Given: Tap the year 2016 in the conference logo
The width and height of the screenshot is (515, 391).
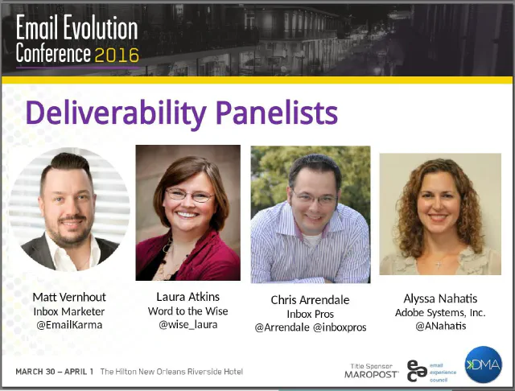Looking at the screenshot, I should point(117,55).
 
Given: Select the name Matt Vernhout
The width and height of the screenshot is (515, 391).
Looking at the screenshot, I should point(69,297).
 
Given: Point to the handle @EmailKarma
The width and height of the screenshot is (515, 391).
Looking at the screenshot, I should point(69,326).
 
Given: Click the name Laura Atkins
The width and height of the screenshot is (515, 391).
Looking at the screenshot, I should point(187,296).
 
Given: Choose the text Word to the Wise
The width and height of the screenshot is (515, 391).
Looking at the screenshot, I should point(187,311).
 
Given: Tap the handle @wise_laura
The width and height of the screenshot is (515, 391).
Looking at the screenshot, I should point(187,325).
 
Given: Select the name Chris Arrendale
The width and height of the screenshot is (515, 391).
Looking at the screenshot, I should point(310,300).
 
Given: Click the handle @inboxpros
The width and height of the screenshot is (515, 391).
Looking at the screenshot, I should point(340,328).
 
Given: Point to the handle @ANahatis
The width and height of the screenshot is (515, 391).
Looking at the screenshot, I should point(440,326).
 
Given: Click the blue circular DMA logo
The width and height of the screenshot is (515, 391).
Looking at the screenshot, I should point(483,364).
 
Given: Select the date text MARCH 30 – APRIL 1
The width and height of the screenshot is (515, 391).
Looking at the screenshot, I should point(55,372).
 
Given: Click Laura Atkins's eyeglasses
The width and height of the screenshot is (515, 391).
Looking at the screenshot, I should point(189,195).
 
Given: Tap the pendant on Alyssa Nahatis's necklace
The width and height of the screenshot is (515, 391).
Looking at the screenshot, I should point(438,263).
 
